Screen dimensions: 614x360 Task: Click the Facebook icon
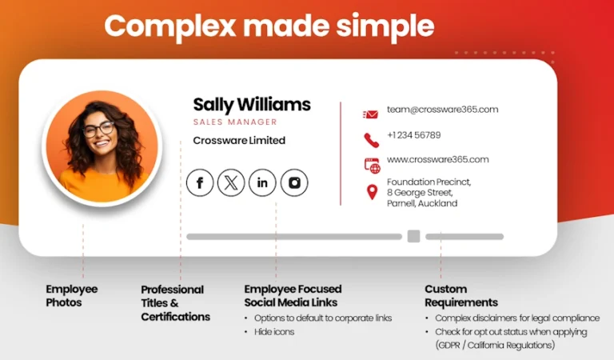(200, 182)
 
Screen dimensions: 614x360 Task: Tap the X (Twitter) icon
(231, 182)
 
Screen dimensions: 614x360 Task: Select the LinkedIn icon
(262, 182)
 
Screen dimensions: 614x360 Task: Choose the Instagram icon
(294, 182)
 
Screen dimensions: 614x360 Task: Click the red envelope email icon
(370, 114)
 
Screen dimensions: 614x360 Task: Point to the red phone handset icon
(371, 140)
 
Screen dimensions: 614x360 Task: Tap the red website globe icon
(372, 166)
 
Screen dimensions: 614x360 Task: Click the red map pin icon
(372, 192)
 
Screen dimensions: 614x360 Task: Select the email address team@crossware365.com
(442, 110)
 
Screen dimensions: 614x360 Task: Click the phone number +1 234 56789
(414, 135)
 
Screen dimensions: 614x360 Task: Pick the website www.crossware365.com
(438, 159)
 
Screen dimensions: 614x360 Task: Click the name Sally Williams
(252, 105)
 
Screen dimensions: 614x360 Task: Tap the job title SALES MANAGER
(235, 122)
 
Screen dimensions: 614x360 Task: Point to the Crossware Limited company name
(239, 140)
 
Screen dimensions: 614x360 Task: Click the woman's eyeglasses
(98, 129)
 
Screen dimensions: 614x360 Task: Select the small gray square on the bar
(413, 236)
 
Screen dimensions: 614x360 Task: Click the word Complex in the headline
(170, 26)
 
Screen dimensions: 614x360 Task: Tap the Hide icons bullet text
(274, 332)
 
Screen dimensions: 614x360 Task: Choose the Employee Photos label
(72, 296)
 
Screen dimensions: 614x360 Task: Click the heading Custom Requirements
(461, 296)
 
